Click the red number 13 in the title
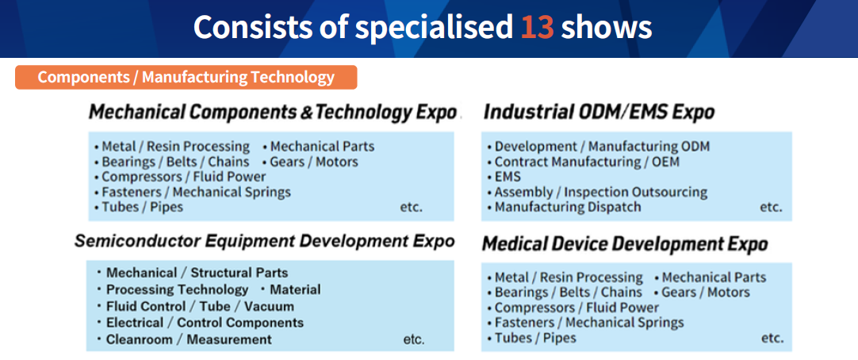pyautogui.click(x=538, y=27)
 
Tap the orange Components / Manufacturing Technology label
pyautogui.click(x=186, y=77)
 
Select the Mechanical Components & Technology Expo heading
pyautogui.click(x=273, y=112)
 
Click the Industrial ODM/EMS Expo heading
pyautogui.click(x=599, y=112)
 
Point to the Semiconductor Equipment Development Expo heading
pyautogui.click(x=265, y=241)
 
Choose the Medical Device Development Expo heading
pyautogui.click(x=625, y=244)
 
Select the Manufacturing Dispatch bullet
pyautogui.click(x=564, y=207)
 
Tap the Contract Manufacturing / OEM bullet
pyautogui.click(x=584, y=162)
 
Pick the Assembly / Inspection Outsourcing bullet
pyautogui.click(x=597, y=193)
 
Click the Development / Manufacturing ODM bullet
pyautogui.click(x=598, y=147)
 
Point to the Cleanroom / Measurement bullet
pyautogui.click(x=185, y=339)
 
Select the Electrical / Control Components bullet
pyautogui.click(x=201, y=323)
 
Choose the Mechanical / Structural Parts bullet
pyautogui.click(x=193, y=273)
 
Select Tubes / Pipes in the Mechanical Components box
pyautogui.click(x=139, y=207)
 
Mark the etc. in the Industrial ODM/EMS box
pyautogui.click(x=771, y=208)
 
